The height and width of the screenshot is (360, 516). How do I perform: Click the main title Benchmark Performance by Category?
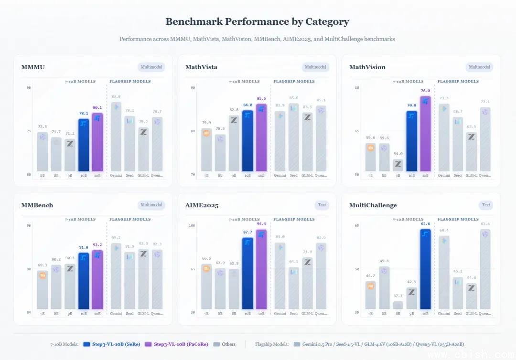tap(257, 21)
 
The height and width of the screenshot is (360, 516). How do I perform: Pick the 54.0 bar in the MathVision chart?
tap(398, 165)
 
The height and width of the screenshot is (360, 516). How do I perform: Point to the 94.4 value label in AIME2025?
tap(261, 223)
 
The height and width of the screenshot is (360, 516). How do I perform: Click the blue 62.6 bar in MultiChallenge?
tap(425, 269)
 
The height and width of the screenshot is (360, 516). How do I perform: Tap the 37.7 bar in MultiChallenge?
tap(398, 305)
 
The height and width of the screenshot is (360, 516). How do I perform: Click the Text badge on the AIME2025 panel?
tap(322, 205)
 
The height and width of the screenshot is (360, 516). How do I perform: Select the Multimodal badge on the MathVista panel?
tap(315, 67)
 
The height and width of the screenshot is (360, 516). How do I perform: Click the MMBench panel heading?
tap(37, 205)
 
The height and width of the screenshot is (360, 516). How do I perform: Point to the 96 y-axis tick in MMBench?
tap(29, 225)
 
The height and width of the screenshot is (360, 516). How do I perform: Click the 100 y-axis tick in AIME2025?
tap(192, 225)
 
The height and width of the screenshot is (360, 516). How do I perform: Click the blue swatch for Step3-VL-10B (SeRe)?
tap(86, 344)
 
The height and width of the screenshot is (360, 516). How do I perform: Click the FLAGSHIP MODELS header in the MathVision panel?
tap(458, 82)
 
